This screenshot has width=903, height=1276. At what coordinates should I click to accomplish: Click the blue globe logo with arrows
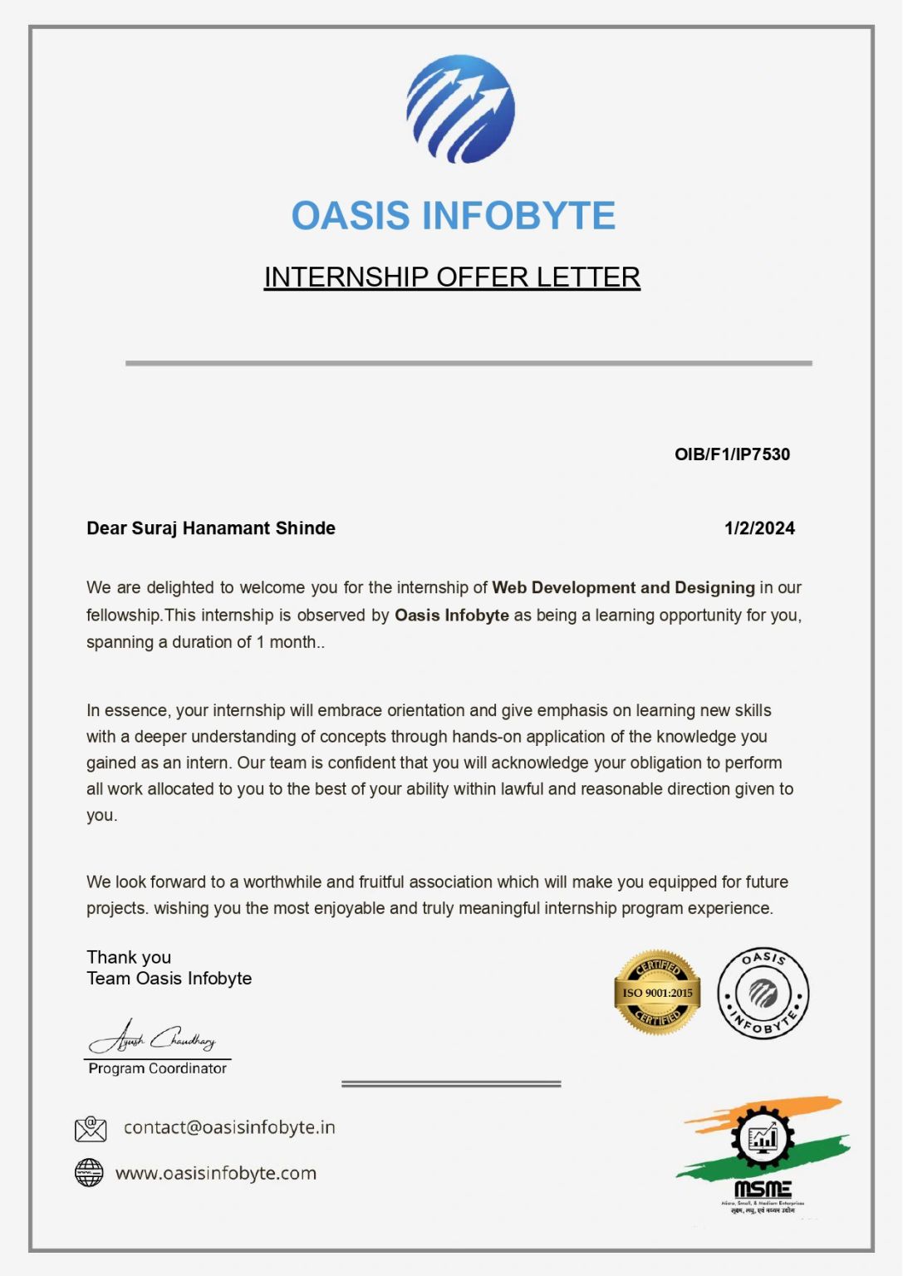(x=460, y=109)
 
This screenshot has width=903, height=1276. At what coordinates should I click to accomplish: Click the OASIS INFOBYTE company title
(x=453, y=216)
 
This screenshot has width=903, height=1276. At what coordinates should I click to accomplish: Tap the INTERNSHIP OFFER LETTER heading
(x=452, y=277)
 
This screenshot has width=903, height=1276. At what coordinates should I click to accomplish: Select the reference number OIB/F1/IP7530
(x=732, y=454)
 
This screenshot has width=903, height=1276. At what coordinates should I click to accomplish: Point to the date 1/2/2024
(x=759, y=528)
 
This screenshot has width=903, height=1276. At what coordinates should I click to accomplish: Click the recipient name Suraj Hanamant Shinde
(x=233, y=528)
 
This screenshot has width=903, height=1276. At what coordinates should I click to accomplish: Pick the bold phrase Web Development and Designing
(x=623, y=588)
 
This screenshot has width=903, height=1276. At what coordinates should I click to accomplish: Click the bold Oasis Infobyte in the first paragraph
(x=451, y=616)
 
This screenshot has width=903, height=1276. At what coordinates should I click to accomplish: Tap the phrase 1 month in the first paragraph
(x=286, y=642)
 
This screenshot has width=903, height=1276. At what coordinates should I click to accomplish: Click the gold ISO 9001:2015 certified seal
(x=657, y=993)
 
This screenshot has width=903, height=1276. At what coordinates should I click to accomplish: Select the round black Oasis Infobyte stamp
(x=763, y=994)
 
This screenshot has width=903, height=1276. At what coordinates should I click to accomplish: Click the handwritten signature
(x=154, y=1038)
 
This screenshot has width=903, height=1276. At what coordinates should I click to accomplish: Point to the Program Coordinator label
(x=158, y=1069)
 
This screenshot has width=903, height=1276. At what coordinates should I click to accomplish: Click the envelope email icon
(x=91, y=1128)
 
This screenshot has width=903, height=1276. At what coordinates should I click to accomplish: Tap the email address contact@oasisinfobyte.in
(x=229, y=1127)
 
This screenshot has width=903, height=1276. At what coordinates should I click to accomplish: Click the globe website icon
(x=89, y=1173)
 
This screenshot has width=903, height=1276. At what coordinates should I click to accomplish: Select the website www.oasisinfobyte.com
(x=216, y=1174)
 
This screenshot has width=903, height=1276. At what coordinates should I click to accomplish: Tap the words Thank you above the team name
(x=129, y=958)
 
